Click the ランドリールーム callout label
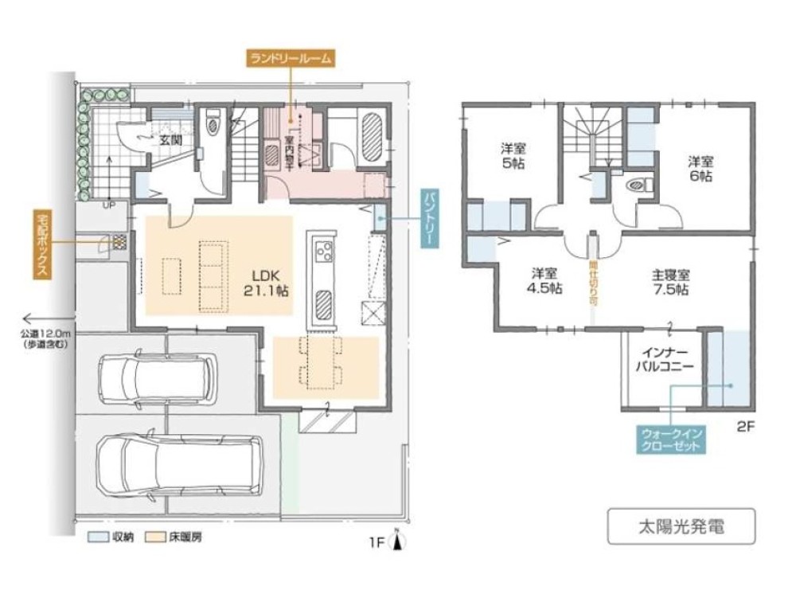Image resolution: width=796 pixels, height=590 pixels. [x=291, y=57]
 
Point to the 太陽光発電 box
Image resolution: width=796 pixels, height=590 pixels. [x=681, y=526]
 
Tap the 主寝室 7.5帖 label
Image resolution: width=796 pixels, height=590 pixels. [x=670, y=282]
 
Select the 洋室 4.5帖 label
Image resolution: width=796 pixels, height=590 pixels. [x=546, y=281]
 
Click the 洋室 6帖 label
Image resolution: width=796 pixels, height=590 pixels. [x=700, y=169]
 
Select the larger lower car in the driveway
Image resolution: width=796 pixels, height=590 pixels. [x=174, y=466]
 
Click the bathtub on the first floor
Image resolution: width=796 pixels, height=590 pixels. [x=373, y=136]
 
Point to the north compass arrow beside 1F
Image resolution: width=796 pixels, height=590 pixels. [x=401, y=541]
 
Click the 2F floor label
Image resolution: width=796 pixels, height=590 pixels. [x=744, y=427]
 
